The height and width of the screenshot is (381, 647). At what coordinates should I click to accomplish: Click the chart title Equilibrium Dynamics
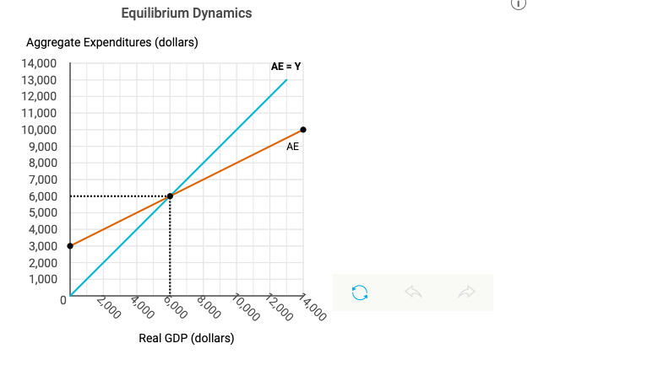tap(186, 13)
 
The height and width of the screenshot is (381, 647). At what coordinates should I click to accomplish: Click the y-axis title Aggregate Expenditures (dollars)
tap(112, 43)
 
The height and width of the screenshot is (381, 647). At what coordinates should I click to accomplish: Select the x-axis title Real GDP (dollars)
tap(186, 338)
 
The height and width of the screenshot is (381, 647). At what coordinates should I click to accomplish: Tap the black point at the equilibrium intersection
tap(170, 196)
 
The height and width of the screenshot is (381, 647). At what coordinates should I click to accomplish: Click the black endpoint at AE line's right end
tap(303, 130)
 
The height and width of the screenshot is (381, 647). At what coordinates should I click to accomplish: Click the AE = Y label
tap(285, 66)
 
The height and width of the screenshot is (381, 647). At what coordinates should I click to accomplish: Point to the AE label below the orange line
tap(292, 147)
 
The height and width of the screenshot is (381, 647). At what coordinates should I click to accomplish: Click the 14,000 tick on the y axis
tap(41, 63)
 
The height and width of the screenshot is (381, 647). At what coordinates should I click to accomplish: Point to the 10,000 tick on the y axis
tap(41, 130)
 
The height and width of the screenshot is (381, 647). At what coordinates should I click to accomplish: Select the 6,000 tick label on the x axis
tap(175, 305)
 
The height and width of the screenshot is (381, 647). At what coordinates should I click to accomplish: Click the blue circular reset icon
tap(360, 292)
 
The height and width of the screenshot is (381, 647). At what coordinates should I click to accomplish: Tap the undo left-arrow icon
tap(413, 292)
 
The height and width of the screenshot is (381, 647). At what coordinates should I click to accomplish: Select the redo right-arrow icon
tap(466, 292)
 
